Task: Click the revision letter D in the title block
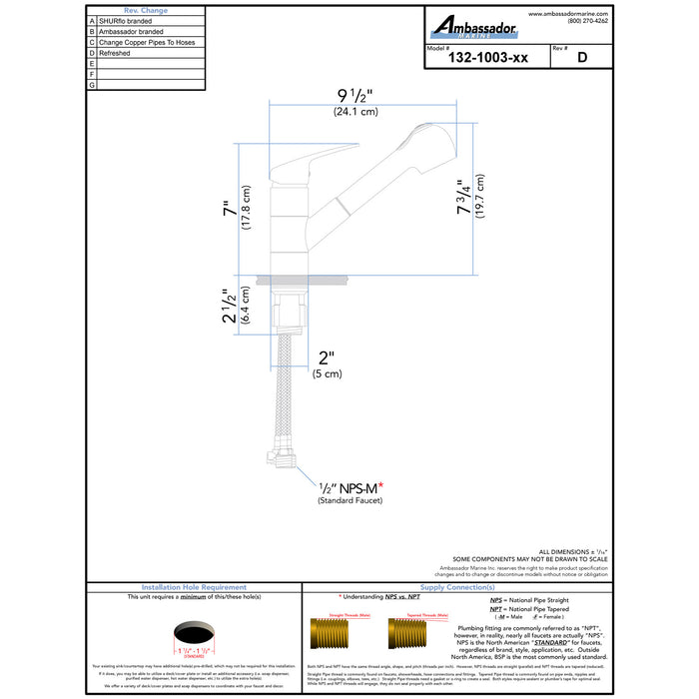[580, 58]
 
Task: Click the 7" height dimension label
[232, 210]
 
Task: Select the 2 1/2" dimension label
[230, 306]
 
